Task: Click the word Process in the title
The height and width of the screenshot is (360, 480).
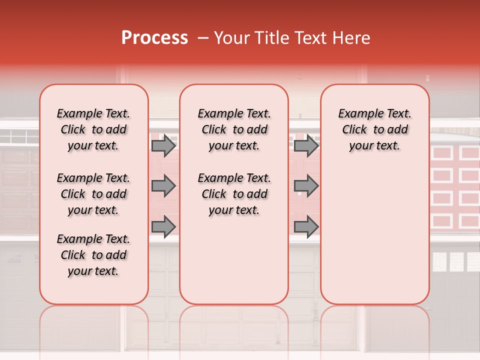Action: click(x=154, y=38)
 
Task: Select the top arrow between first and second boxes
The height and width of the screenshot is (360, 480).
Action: click(x=163, y=146)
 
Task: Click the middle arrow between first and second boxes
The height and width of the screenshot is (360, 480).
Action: click(x=163, y=186)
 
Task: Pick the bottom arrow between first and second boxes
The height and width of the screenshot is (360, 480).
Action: click(x=163, y=226)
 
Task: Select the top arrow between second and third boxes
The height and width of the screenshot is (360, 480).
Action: click(x=306, y=146)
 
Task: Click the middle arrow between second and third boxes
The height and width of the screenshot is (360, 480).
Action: click(x=306, y=186)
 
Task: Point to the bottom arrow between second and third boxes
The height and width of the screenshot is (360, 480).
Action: click(x=306, y=226)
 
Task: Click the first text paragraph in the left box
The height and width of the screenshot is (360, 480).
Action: click(x=93, y=129)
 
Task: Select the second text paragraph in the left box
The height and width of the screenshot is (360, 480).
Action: click(x=93, y=194)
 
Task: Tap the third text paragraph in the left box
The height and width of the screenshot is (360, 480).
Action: click(x=93, y=255)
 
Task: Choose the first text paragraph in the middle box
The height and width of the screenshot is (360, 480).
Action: click(x=234, y=129)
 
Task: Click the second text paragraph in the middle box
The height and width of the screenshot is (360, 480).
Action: click(x=234, y=194)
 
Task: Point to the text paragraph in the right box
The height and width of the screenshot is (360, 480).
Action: click(x=375, y=129)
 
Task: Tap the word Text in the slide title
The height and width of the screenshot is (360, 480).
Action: click(x=310, y=38)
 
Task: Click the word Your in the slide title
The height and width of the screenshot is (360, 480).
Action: click(x=232, y=38)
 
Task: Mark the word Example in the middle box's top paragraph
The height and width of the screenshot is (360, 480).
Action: click(x=217, y=114)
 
